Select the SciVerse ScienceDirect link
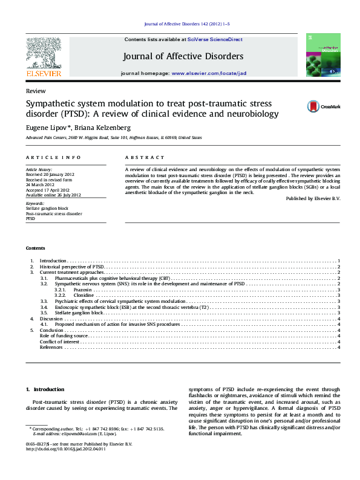[x=215, y=39]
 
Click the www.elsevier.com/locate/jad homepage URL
[x=209, y=73]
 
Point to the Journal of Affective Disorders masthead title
[x=183, y=56]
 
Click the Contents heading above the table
[x=35, y=248]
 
